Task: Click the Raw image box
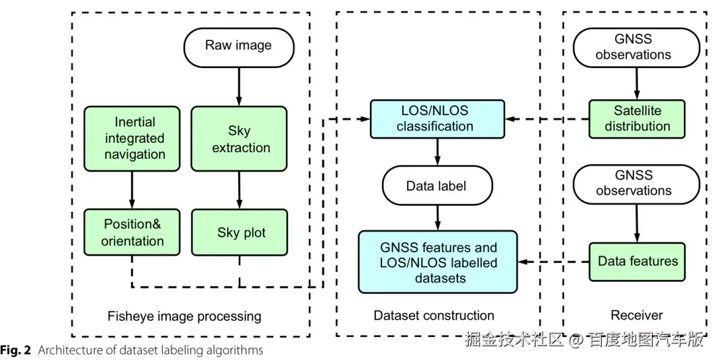pyautogui.click(x=238, y=46)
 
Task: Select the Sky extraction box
pyautogui.click(x=239, y=140)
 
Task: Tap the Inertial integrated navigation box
pyautogui.click(x=132, y=138)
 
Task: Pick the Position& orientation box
pyautogui.click(x=132, y=232)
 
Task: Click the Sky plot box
pyautogui.click(x=240, y=232)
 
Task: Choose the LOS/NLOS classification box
pyautogui.click(x=437, y=119)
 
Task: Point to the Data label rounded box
pyautogui.click(x=437, y=185)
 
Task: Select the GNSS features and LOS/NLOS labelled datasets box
pyautogui.click(x=438, y=262)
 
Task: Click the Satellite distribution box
pyautogui.click(x=636, y=119)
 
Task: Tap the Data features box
pyautogui.click(x=637, y=261)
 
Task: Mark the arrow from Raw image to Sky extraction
pyautogui.click(x=239, y=86)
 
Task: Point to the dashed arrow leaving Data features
pyautogui.click(x=553, y=262)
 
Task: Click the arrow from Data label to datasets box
pyautogui.click(x=437, y=217)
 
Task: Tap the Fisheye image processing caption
pyautogui.click(x=184, y=316)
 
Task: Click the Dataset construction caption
pyautogui.click(x=434, y=316)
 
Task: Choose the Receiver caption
pyautogui.click(x=637, y=316)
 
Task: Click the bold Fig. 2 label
pyautogui.click(x=16, y=350)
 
